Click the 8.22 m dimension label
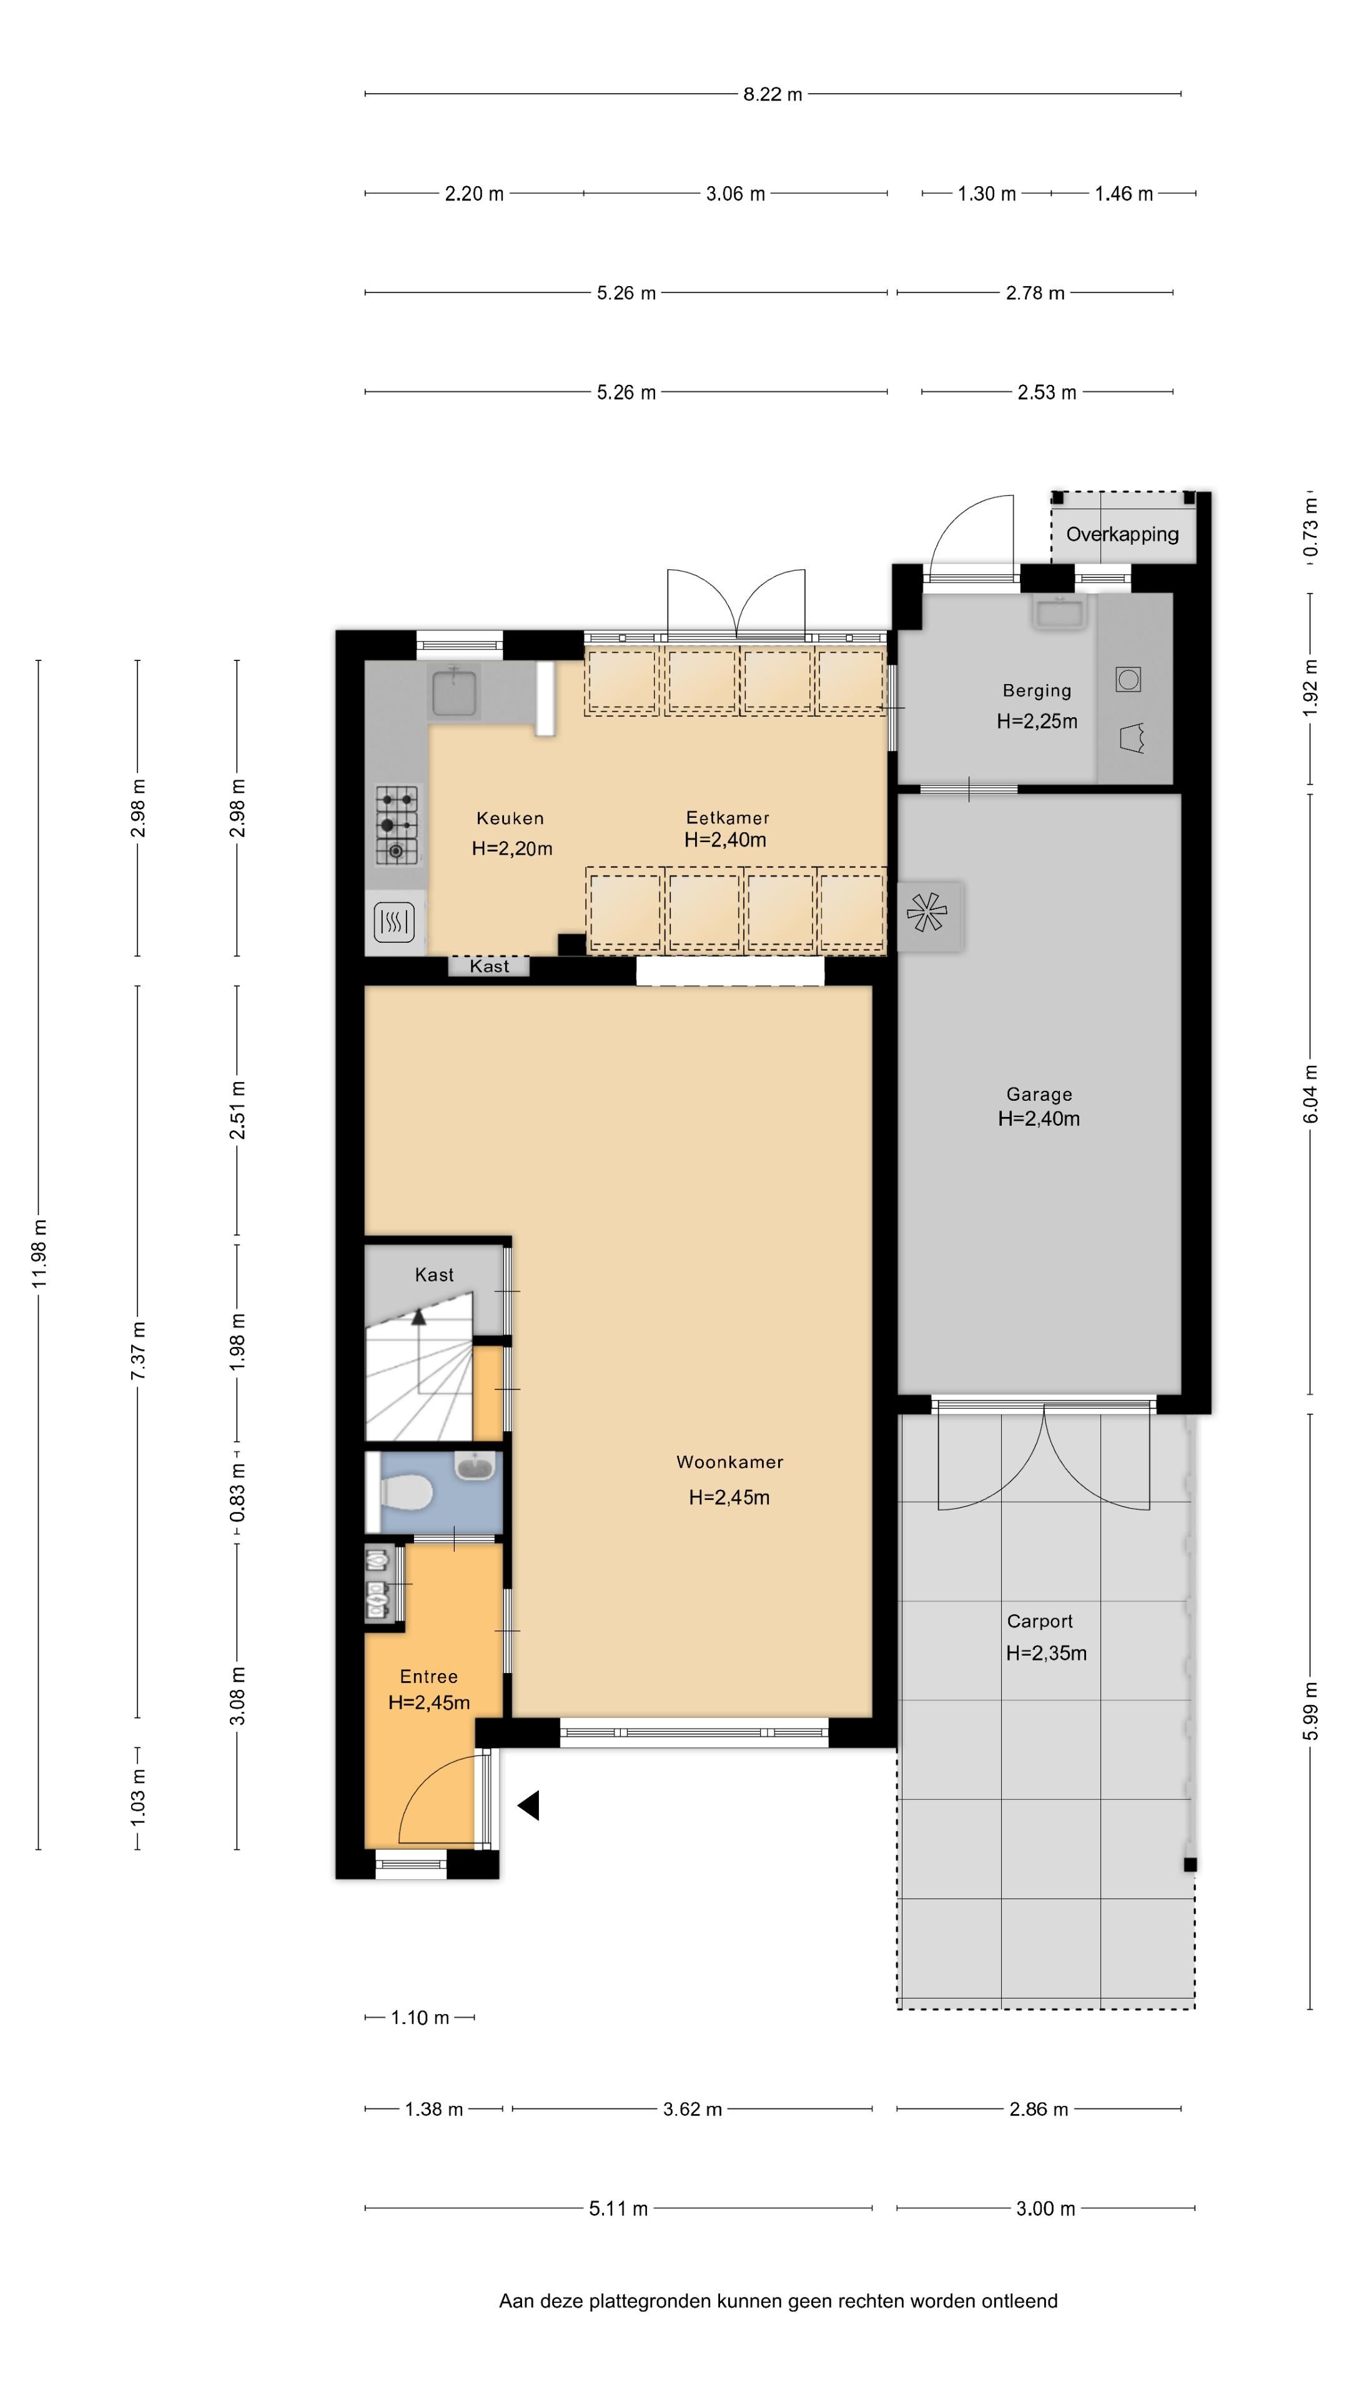(x=772, y=94)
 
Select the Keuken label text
(x=510, y=818)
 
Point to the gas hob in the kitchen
(x=397, y=825)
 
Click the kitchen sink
(x=454, y=691)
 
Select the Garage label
(x=1039, y=1095)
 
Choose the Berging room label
(x=1037, y=691)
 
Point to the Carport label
(x=1040, y=1621)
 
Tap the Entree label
(x=428, y=1676)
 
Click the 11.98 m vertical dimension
(x=39, y=1253)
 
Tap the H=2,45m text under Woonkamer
(x=729, y=1498)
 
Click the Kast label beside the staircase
(x=434, y=1275)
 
